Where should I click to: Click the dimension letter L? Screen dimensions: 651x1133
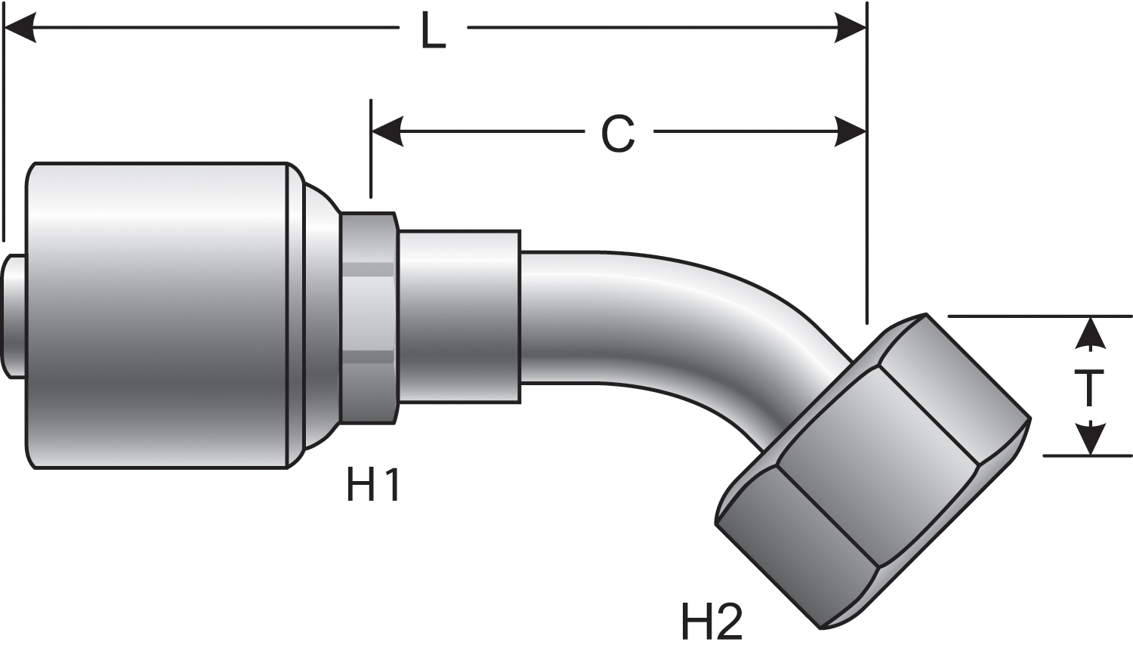[433, 31]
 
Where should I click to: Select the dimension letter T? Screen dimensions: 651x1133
[1088, 388]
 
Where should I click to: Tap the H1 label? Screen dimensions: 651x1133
[373, 484]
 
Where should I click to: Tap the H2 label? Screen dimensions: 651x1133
[712, 621]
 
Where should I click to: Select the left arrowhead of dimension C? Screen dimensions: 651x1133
[387, 132]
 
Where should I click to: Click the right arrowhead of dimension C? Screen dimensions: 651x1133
[851, 132]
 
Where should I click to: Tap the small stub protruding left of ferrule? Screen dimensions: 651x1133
[13, 316]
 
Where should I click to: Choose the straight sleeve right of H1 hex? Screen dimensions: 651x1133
[459, 316]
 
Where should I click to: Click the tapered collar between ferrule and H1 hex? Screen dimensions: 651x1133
[319, 316]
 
